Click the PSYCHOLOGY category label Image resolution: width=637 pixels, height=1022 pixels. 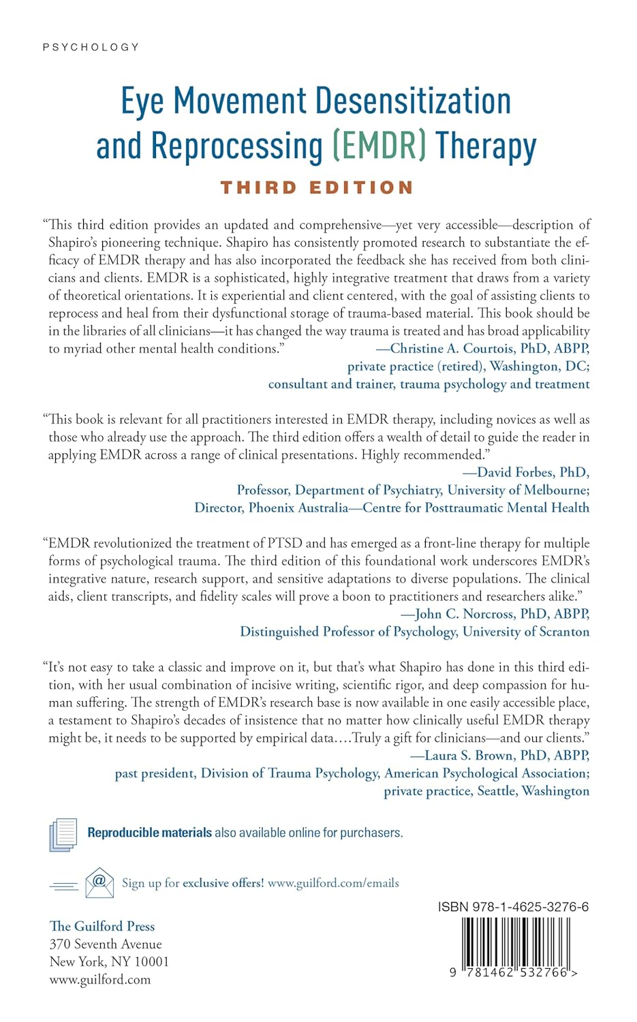point(91,47)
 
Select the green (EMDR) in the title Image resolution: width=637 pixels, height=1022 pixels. point(379,146)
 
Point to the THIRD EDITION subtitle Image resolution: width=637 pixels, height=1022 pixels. point(317,187)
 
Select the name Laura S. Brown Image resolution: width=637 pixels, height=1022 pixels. point(469,756)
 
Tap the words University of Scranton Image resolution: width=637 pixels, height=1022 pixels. point(526,632)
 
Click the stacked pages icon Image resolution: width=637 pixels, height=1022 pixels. point(63,834)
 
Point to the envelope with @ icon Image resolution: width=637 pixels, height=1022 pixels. point(99,882)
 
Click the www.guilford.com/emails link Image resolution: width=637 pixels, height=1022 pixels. point(333,883)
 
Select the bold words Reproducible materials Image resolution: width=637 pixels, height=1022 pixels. point(149,833)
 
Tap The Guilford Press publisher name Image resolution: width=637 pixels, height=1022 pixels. point(102,926)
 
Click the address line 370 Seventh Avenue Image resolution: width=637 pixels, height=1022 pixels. point(106,944)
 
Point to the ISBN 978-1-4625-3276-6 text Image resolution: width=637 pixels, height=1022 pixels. point(513,907)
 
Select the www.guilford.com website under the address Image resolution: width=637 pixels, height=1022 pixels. point(100,979)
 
